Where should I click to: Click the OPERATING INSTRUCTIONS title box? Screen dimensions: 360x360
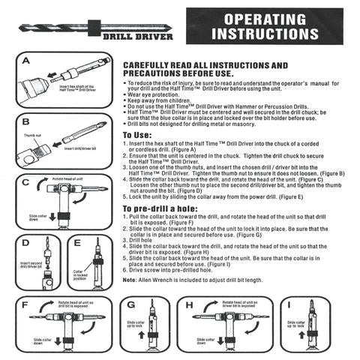(x=268, y=27)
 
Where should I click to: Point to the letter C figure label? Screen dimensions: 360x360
(x=25, y=181)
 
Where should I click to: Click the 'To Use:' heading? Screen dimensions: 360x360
(x=138, y=135)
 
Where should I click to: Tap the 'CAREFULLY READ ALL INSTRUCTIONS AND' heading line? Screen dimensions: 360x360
(x=205, y=66)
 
